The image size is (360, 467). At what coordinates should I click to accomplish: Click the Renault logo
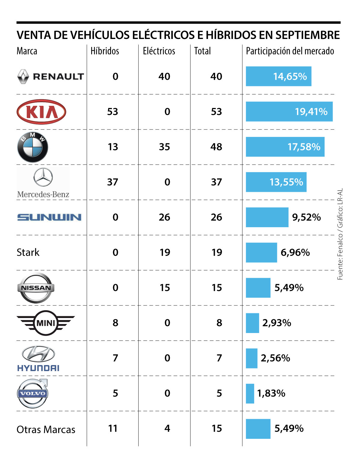[50, 76]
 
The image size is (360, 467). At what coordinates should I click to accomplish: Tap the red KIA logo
[41, 112]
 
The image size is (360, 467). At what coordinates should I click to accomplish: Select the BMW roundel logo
[33, 147]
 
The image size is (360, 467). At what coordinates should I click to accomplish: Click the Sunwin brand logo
[49, 217]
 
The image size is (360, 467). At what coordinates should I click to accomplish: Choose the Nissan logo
[36, 288]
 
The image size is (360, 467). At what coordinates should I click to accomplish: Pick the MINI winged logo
[46, 323]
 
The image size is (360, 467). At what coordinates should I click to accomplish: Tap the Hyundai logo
[38, 358]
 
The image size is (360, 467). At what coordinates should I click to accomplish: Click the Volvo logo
[32, 393]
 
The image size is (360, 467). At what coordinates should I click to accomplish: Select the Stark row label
[28, 252]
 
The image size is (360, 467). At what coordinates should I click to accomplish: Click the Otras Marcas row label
[46, 430]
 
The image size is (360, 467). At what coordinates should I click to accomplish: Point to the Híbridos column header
[105, 51]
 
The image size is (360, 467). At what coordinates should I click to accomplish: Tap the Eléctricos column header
[159, 51]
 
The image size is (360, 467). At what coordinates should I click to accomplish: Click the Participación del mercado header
[290, 51]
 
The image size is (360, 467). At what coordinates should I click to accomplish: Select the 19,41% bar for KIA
[289, 112]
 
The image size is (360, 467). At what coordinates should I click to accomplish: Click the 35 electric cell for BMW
[164, 147]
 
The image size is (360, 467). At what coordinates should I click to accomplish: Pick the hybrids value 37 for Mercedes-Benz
[112, 182]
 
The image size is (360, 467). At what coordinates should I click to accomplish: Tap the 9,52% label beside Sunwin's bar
[306, 217]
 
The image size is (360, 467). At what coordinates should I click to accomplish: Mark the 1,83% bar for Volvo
[250, 393]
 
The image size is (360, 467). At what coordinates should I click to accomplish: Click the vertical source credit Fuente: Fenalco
[340, 234]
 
